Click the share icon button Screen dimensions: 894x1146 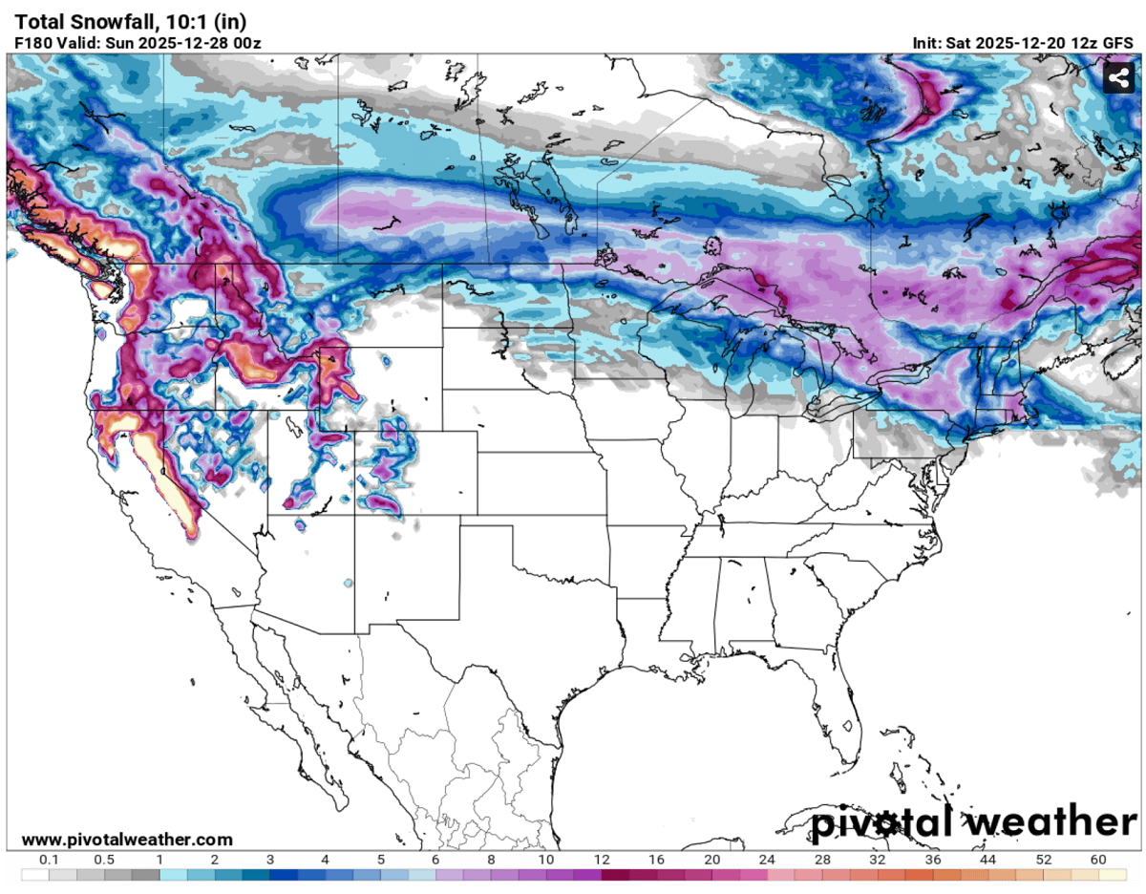[1117, 78]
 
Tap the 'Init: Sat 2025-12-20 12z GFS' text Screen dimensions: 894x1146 [1024, 43]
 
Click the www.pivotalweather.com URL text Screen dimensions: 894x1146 [127, 840]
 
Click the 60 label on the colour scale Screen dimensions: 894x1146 [1098, 860]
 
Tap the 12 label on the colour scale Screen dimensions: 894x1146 [603, 860]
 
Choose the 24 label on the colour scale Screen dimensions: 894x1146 [768, 860]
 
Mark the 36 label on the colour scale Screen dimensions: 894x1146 [933, 860]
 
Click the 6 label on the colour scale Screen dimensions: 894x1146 [436, 860]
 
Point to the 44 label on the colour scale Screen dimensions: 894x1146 [988, 860]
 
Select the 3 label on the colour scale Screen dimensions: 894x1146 [270, 860]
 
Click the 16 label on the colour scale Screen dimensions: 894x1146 [658, 860]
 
